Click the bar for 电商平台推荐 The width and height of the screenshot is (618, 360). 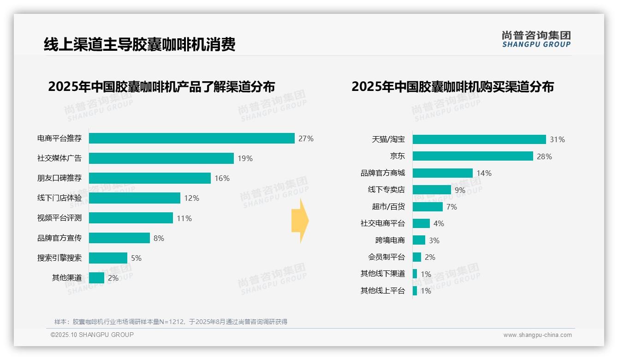[191, 138]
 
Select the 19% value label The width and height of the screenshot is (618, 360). [245, 158]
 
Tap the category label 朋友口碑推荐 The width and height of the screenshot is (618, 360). [59, 178]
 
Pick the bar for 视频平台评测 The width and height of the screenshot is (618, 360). [131, 218]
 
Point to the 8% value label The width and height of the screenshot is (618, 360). [159, 238]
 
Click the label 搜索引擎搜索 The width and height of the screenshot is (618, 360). [59, 258]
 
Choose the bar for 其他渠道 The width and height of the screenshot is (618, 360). [96, 278]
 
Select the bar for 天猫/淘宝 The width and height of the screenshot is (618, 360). [479, 139]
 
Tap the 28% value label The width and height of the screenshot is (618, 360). [544, 156]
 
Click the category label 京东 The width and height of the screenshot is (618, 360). [397, 156]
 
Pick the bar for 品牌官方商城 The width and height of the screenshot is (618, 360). [442, 173]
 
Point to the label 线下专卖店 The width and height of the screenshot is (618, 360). [386, 190]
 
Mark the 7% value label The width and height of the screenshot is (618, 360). [452, 207]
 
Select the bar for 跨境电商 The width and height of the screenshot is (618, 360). [419, 240]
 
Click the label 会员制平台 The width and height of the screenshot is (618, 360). [386, 257]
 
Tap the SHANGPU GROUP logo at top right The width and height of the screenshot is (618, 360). [536, 39]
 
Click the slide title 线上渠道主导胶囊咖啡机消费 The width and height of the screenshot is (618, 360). [139, 45]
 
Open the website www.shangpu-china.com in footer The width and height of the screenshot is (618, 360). [537, 335]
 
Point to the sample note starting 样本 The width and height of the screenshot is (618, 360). [171, 322]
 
